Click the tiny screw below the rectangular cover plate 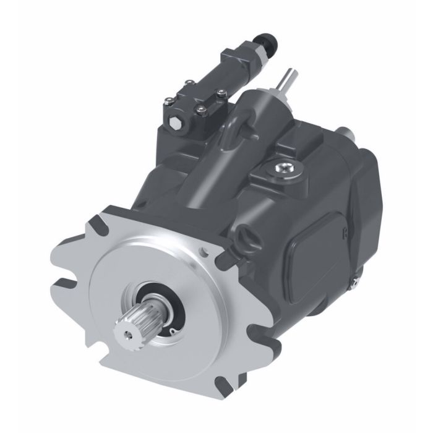coord(352,282)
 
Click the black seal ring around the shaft coord(162,303)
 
